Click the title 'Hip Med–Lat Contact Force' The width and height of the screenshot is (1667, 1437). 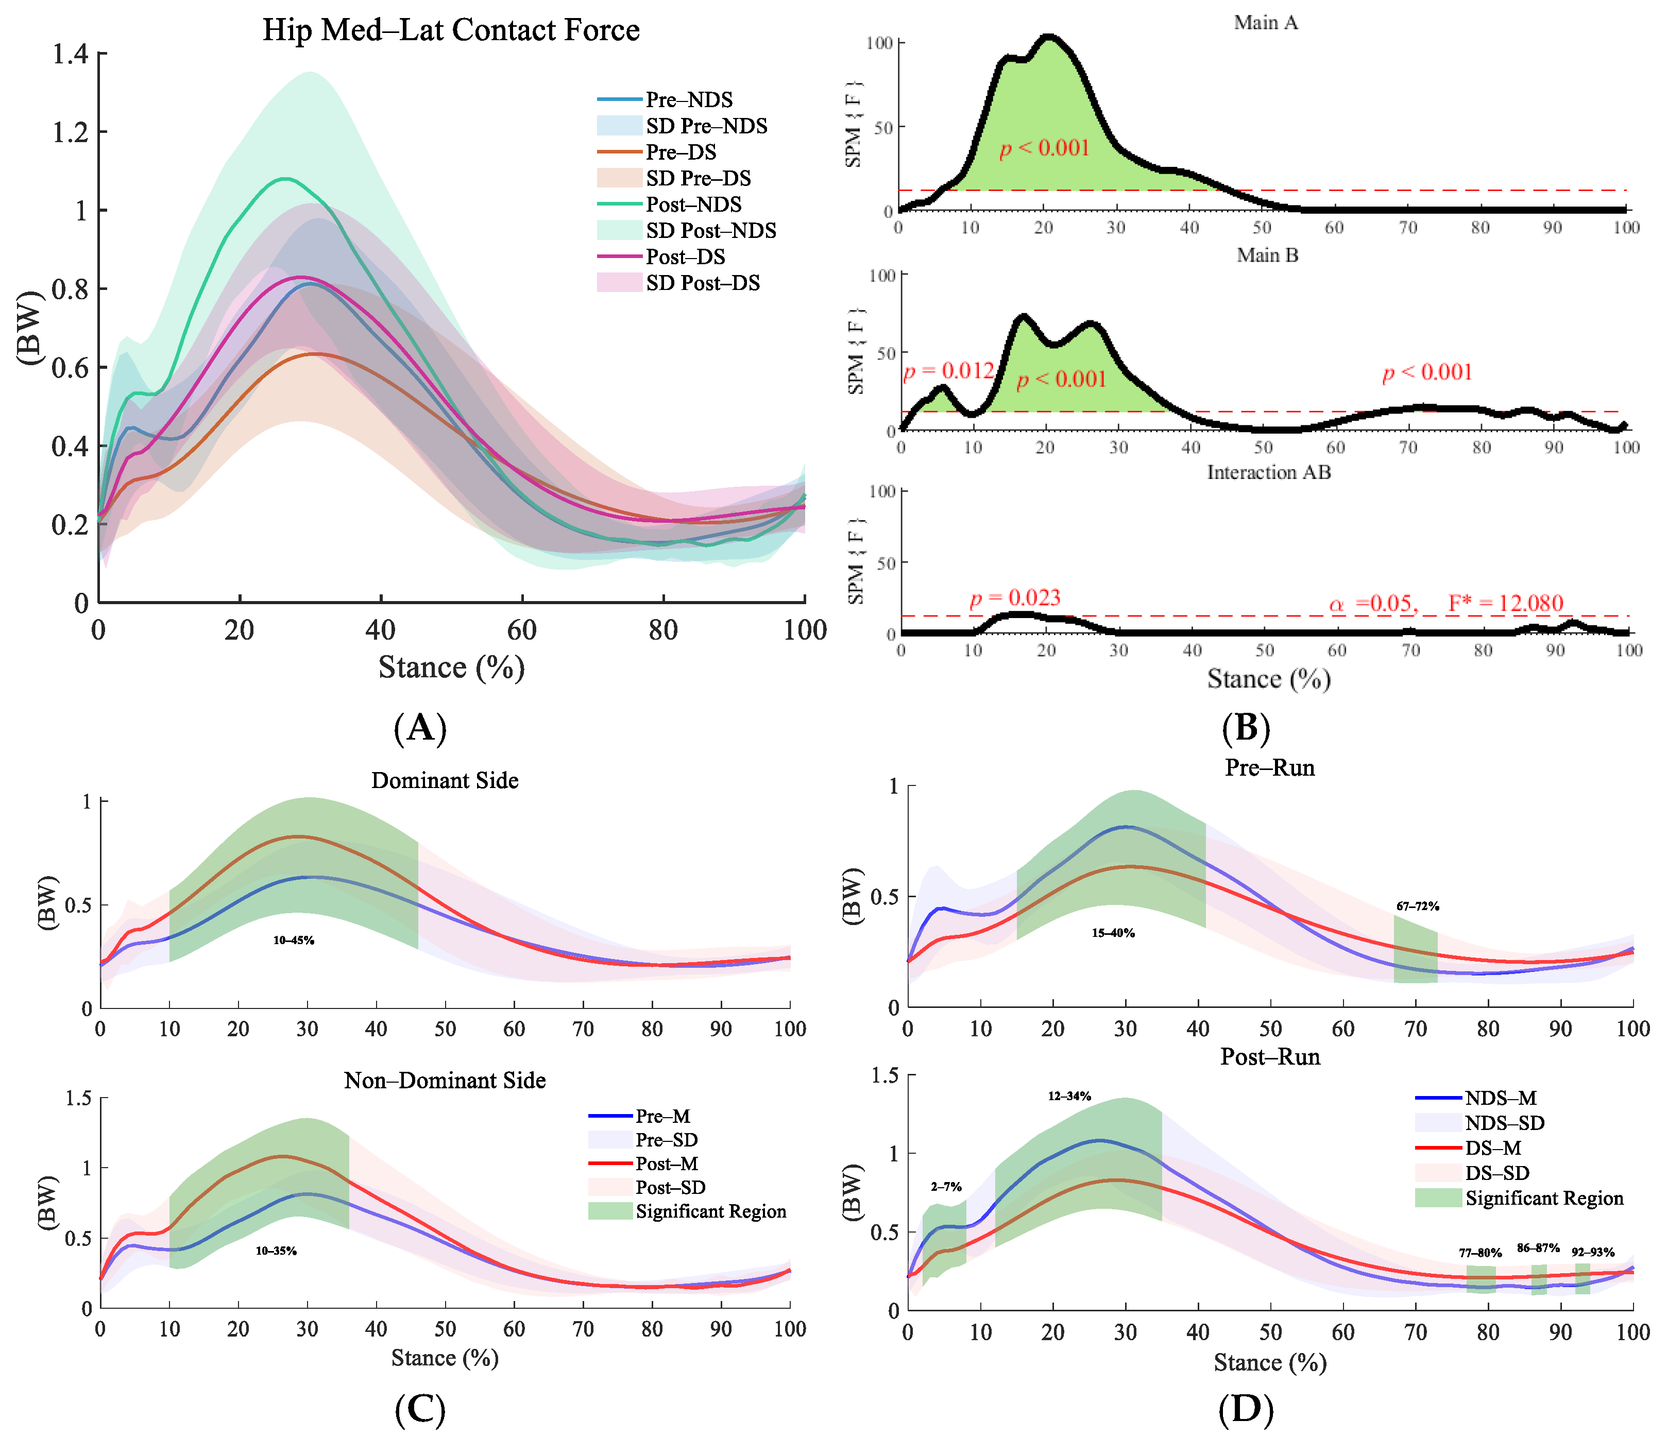point(451,30)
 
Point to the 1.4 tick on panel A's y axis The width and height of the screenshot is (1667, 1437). point(70,55)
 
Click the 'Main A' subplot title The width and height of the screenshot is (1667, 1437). point(1266,23)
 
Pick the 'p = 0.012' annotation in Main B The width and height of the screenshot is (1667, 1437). point(948,371)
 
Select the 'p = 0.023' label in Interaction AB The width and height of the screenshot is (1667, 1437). point(1014,598)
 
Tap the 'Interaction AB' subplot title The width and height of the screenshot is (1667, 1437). point(1269,472)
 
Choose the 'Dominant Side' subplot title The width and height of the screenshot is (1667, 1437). point(445,780)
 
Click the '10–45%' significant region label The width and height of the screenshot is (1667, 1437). point(294,940)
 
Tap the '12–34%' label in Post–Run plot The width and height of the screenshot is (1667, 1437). point(1069,1096)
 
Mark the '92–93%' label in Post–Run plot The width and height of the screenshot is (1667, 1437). point(1593,1252)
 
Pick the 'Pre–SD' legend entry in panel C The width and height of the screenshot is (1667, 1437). point(666,1139)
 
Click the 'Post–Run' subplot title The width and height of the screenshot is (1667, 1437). point(1269,1056)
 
